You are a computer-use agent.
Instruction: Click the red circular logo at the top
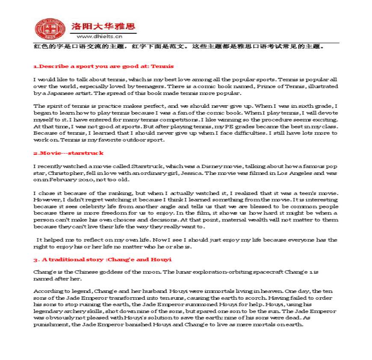pyautogui.click(x=48, y=29)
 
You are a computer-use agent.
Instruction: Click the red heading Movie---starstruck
pyautogui.click(x=68, y=153)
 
